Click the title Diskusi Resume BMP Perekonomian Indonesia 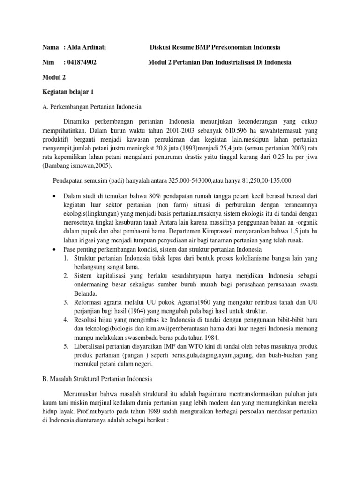click(215, 47)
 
